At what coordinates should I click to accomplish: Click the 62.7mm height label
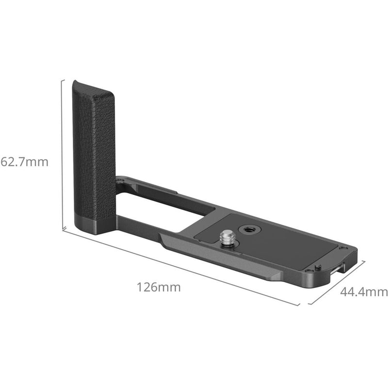click(24, 162)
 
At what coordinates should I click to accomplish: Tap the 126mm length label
click(158, 287)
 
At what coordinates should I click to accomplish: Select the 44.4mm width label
click(364, 292)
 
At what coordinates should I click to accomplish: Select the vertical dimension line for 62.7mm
click(63, 155)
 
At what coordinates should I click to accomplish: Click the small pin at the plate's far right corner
click(317, 267)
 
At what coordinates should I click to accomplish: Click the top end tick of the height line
click(63, 80)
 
